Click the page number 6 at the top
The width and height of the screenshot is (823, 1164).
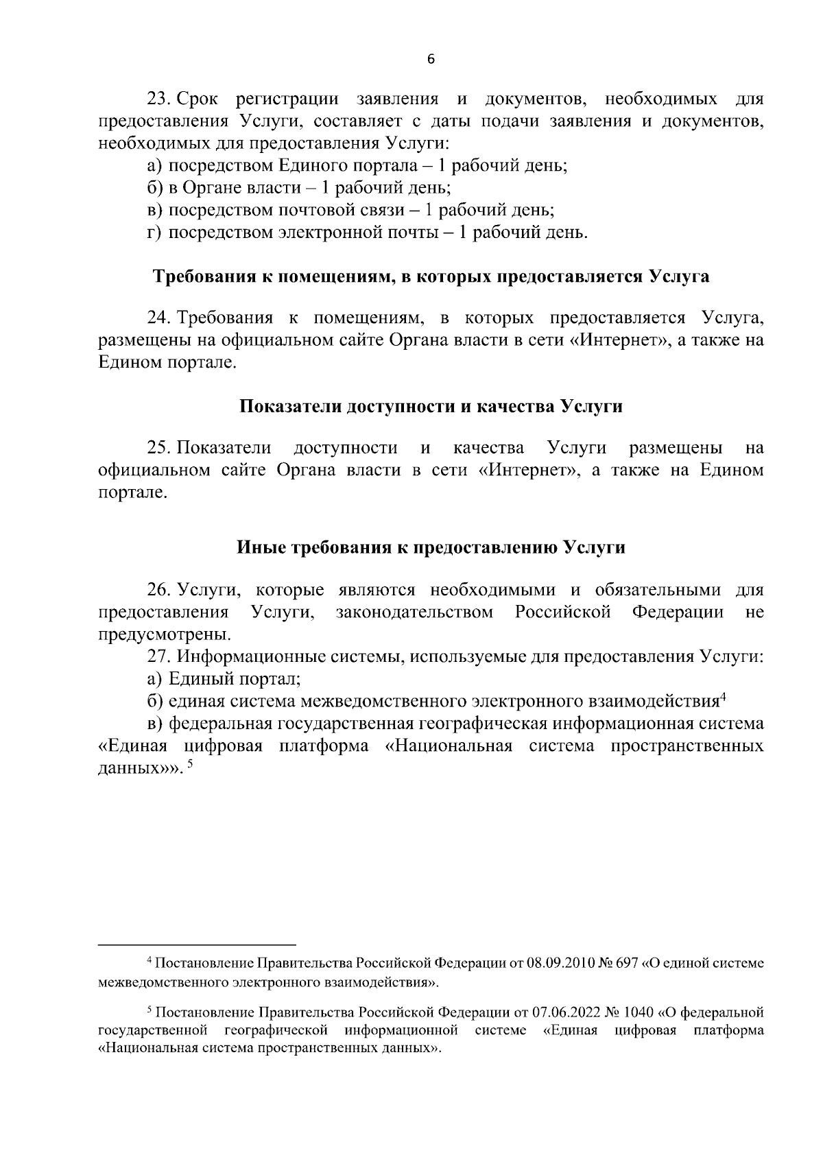(x=431, y=60)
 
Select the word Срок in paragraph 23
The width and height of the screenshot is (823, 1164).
(x=198, y=99)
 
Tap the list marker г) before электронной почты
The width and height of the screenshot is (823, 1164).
(x=154, y=233)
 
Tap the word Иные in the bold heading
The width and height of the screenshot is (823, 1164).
(x=263, y=547)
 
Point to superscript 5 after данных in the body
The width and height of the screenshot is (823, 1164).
(x=191, y=768)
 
